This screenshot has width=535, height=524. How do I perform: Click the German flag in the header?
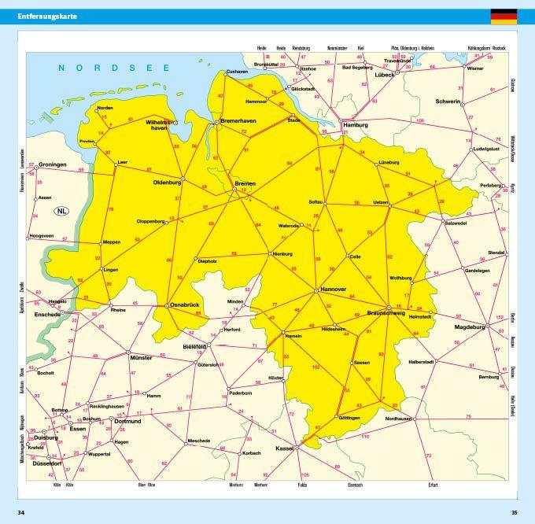pyautogui.click(x=504, y=17)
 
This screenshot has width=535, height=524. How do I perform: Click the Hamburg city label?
pyautogui.click(x=356, y=125)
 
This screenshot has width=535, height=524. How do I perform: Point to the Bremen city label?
pyautogui.click(x=245, y=183)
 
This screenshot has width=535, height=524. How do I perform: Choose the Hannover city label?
pyautogui.click(x=334, y=290)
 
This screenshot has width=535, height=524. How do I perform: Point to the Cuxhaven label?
pyautogui.click(x=237, y=72)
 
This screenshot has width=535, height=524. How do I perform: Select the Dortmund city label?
pyautogui.click(x=127, y=421)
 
